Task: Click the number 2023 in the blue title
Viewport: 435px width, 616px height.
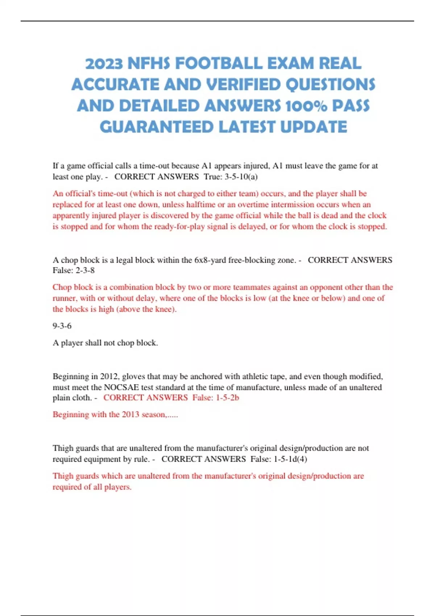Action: click(104, 64)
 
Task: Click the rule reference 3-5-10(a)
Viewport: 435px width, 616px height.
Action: click(241, 177)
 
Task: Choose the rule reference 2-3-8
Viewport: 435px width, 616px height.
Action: click(85, 270)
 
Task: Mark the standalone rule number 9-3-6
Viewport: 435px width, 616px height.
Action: click(62, 326)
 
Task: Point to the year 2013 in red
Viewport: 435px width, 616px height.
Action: click(130, 415)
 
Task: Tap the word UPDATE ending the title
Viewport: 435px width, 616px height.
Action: click(314, 127)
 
